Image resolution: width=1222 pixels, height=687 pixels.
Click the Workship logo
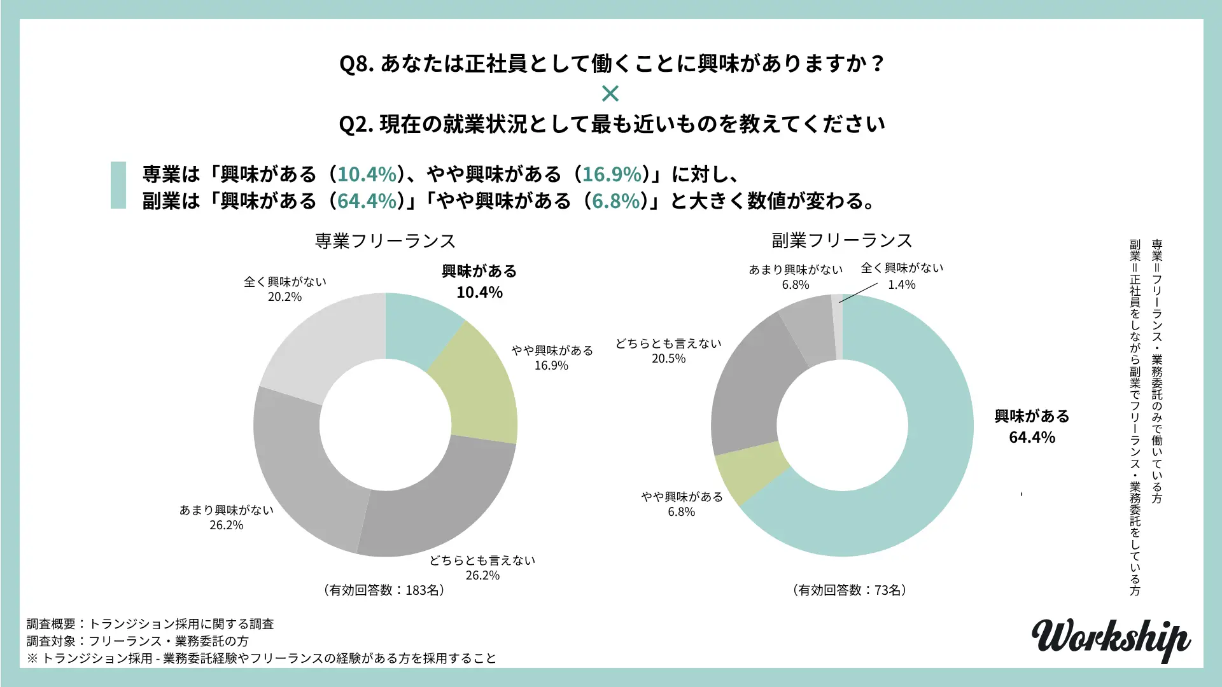click(1111, 639)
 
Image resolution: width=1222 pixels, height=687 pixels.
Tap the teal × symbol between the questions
click(610, 94)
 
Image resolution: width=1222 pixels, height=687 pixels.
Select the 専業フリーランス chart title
click(385, 241)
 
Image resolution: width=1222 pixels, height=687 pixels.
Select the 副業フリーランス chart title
click(842, 240)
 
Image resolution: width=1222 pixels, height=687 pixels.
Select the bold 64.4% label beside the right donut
click(1032, 438)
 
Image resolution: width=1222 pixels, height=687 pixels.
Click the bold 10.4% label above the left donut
click(479, 293)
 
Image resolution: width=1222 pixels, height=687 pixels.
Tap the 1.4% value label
click(901, 285)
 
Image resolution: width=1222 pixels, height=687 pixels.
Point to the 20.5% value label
click(668, 359)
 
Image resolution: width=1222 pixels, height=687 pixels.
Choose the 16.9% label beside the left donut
click(551, 366)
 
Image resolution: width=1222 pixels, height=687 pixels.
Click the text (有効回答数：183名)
click(384, 590)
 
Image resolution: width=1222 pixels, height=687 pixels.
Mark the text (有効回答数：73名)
click(850, 590)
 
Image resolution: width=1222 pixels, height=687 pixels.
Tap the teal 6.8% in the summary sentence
click(615, 201)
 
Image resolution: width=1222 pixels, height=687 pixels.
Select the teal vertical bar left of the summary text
click(118, 185)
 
